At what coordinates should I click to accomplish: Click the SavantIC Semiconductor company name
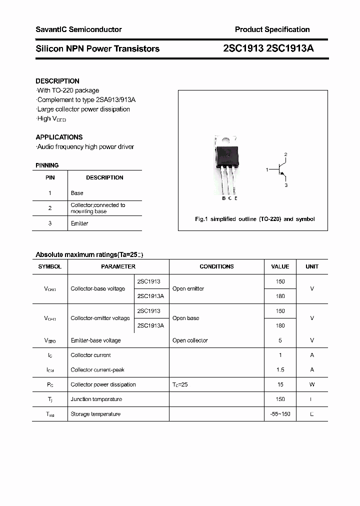tap(78, 29)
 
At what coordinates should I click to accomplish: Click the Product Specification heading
tap(272, 29)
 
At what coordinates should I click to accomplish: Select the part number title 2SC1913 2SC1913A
tap(268, 48)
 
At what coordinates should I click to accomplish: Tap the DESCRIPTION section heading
tap(57, 81)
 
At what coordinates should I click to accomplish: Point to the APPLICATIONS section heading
tap(59, 137)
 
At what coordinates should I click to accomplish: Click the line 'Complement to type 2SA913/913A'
tap(86, 99)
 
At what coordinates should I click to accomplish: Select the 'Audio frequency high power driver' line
tap(85, 146)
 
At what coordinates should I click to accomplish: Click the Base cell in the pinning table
tap(77, 193)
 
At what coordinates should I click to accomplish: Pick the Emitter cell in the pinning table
tap(79, 223)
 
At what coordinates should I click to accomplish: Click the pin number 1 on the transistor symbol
tap(267, 170)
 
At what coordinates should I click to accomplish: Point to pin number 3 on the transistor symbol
tap(285, 185)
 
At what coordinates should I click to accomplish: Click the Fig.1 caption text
tap(254, 219)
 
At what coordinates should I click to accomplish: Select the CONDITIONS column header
tap(216, 266)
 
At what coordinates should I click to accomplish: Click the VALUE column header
tap(280, 266)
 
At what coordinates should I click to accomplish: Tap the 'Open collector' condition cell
tap(190, 340)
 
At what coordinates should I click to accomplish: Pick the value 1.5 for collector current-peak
tap(280, 370)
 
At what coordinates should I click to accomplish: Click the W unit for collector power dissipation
tap(312, 384)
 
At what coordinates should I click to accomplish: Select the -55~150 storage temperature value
tap(280, 414)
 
